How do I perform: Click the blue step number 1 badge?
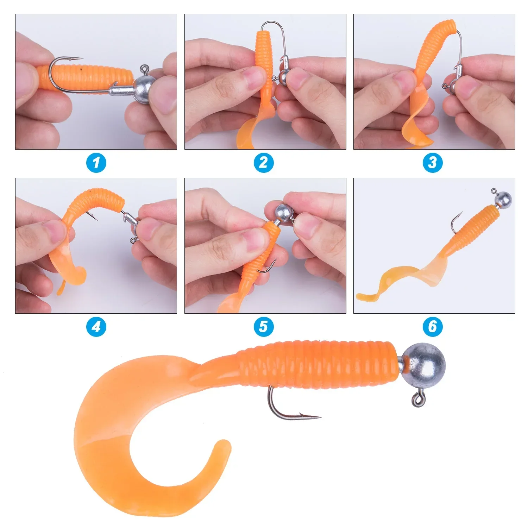point(96,163)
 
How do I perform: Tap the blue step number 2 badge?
point(264,163)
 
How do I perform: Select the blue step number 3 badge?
point(433,163)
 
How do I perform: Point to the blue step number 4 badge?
point(96,327)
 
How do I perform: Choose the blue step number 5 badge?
point(264,327)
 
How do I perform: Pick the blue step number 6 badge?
point(433,327)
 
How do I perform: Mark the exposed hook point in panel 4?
point(96,219)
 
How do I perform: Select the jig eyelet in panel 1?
point(144,68)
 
